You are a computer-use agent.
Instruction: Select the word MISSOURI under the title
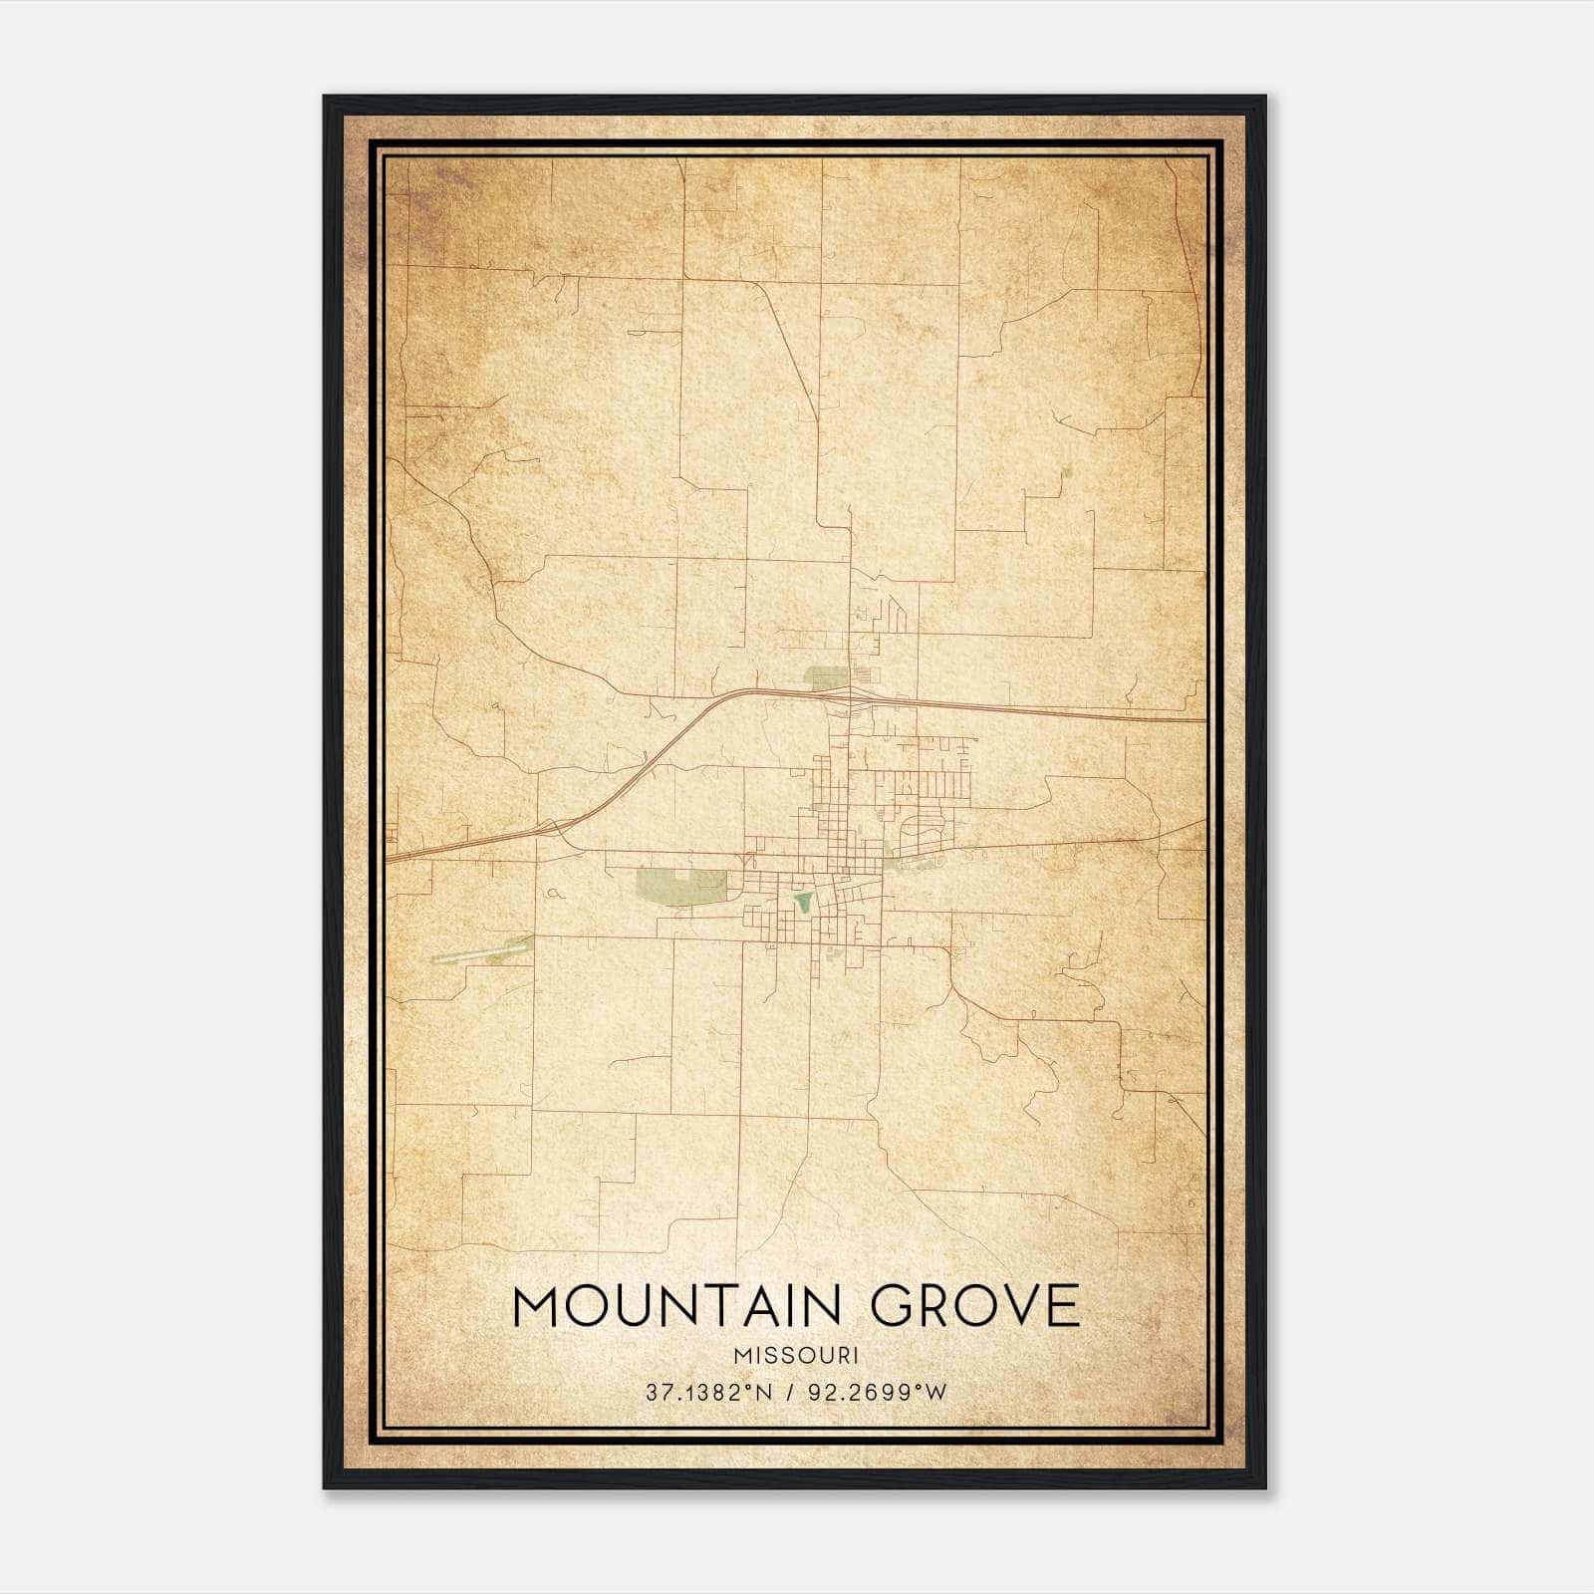click(795, 1355)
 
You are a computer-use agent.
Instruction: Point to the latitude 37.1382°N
click(709, 1393)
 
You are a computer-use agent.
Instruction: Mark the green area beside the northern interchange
click(826, 678)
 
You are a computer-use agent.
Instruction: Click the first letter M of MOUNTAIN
click(534, 1306)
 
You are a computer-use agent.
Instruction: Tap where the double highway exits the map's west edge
click(389, 857)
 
